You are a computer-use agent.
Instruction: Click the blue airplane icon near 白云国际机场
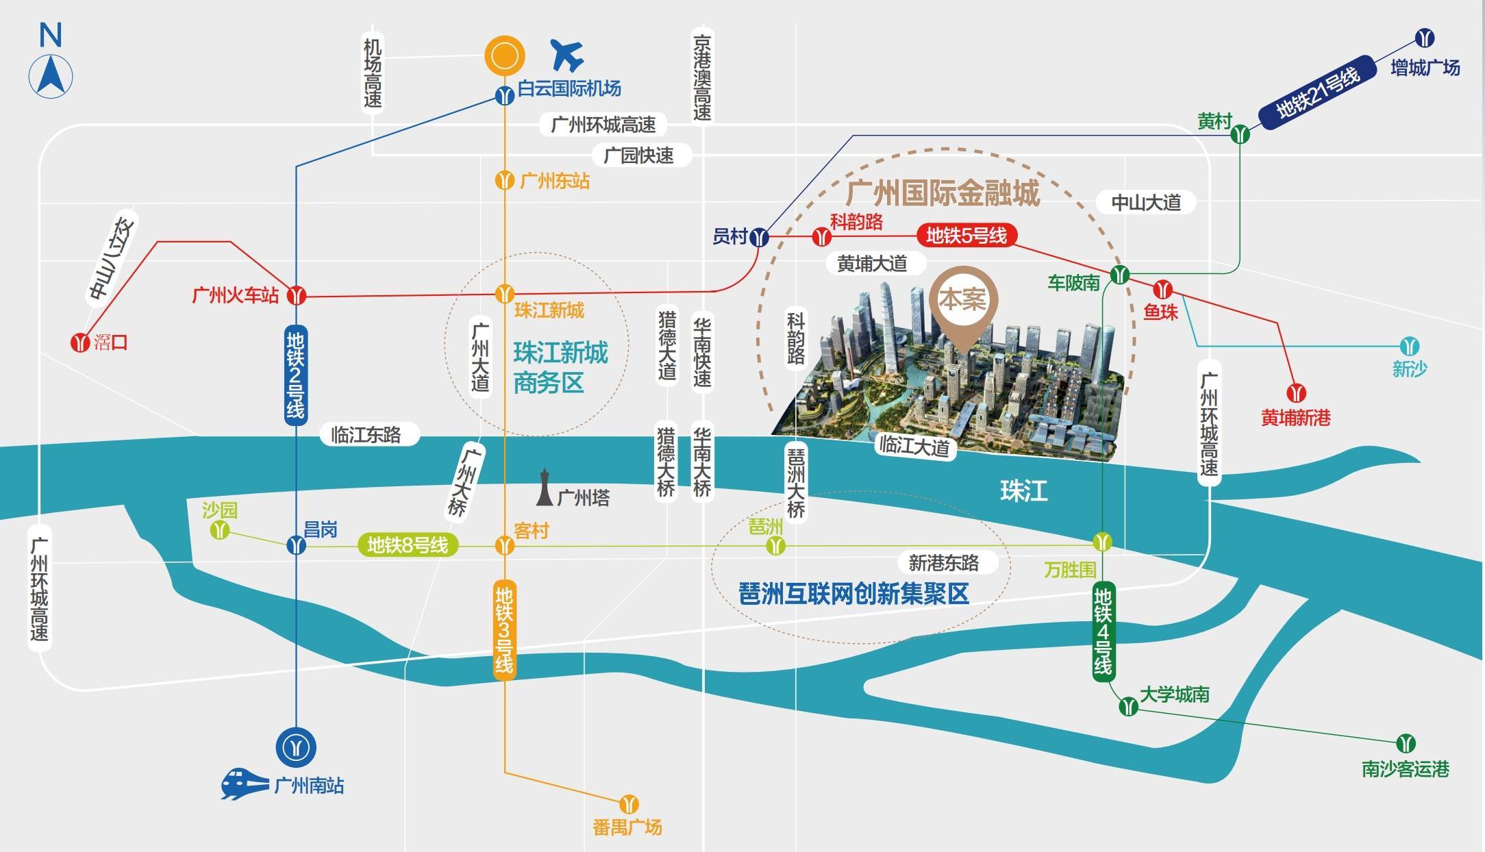(567, 55)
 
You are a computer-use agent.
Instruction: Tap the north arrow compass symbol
(51, 75)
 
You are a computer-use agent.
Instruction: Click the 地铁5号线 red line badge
(966, 236)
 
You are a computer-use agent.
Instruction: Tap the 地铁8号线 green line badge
(408, 545)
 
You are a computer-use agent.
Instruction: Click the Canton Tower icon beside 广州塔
(545, 487)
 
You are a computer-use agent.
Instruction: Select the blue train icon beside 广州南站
(244, 784)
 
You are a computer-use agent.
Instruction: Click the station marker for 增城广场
(1425, 38)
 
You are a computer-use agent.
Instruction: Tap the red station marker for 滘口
(81, 341)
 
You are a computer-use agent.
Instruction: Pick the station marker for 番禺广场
(629, 804)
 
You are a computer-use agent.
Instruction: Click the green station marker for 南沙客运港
(1406, 743)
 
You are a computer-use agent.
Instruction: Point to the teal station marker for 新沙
(1409, 346)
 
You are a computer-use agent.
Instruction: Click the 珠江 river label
(1023, 491)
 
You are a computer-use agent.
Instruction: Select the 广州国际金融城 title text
(943, 193)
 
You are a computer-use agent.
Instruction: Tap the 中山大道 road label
(1146, 203)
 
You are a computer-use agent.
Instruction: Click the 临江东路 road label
(366, 435)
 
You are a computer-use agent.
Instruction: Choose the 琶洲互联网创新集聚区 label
(854, 593)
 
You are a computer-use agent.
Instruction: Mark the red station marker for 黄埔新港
(1296, 393)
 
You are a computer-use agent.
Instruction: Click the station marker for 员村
(759, 238)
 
